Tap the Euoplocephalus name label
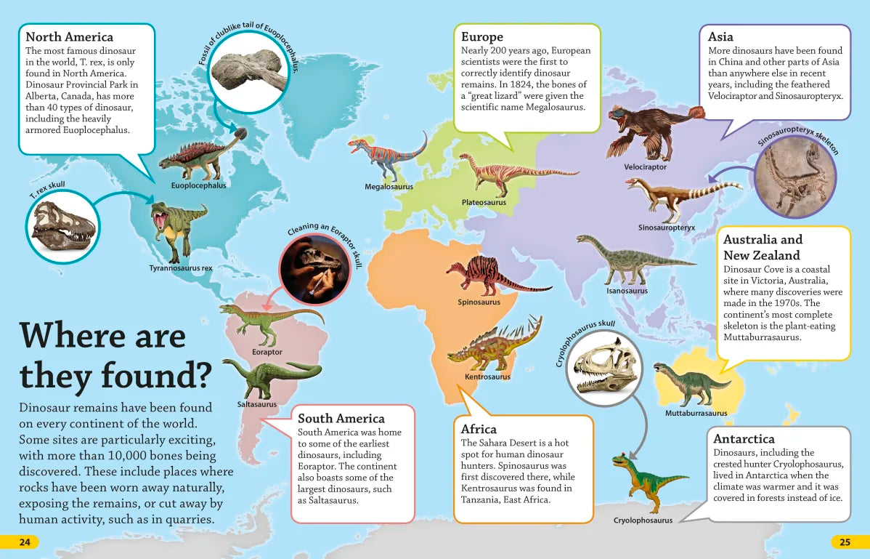tap(199, 185)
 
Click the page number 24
tap(25, 542)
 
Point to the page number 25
tap(845, 542)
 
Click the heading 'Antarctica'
tap(744, 439)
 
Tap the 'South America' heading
tap(341, 419)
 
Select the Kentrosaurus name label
tap(487, 377)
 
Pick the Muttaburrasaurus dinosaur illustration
tap(691, 382)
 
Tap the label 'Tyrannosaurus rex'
tap(181, 268)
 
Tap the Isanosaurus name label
tap(627, 291)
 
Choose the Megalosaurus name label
tap(389, 187)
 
